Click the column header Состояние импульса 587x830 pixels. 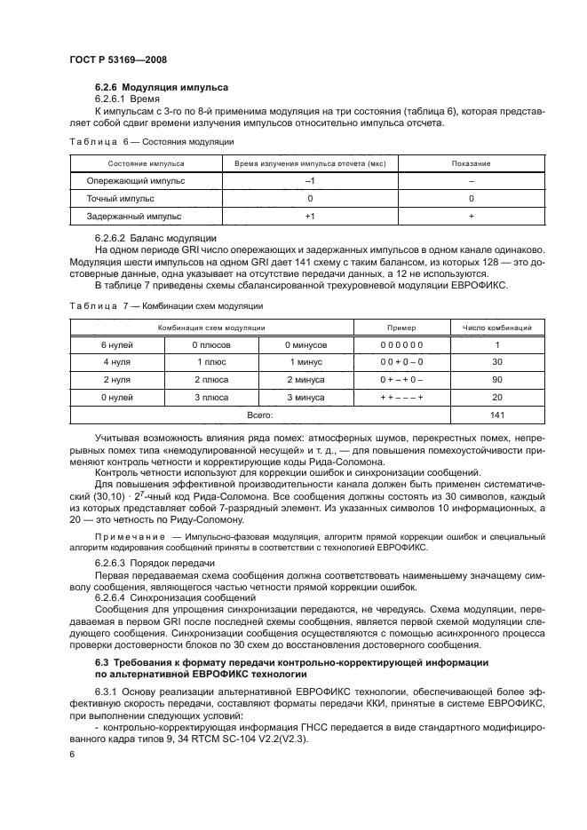(147, 164)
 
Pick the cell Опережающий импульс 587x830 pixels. (136, 181)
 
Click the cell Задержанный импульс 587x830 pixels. (133, 216)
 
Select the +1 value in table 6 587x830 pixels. (310, 216)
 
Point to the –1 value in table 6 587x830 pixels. (310, 181)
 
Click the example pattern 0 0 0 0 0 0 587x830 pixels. (401, 344)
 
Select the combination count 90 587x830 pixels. (497, 379)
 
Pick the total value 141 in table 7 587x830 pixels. (497, 415)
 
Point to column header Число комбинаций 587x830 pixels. (497, 328)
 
